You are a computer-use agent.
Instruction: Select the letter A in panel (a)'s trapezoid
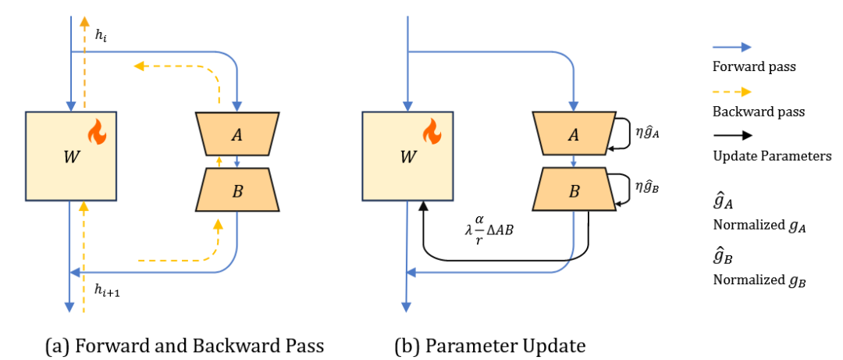click(237, 134)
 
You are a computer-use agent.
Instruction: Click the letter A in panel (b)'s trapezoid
click(573, 134)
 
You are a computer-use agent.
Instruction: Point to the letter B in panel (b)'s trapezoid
click(573, 191)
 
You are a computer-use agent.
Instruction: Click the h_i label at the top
click(100, 36)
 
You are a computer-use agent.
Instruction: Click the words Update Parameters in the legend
click(772, 155)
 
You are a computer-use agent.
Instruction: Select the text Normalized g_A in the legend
click(759, 227)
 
